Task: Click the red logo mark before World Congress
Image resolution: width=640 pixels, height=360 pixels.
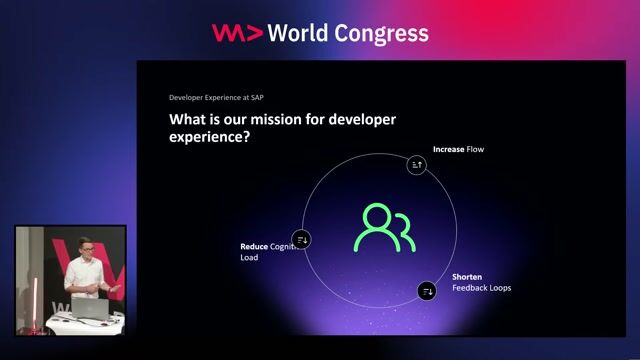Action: (x=237, y=33)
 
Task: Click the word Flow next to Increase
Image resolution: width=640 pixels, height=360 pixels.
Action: (x=476, y=150)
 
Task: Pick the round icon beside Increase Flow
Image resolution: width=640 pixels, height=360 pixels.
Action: (x=417, y=165)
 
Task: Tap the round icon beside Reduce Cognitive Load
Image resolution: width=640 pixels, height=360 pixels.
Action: (x=303, y=240)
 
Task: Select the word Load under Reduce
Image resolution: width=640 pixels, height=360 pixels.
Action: (x=249, y=258)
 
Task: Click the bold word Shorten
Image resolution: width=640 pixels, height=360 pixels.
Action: (x=468, y=277)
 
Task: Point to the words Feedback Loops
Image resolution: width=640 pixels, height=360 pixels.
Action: (x=482, y=288)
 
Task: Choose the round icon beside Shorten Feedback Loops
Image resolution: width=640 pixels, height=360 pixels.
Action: (x=427, y=291)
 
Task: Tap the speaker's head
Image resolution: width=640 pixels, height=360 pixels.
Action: (x=86, y=250)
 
